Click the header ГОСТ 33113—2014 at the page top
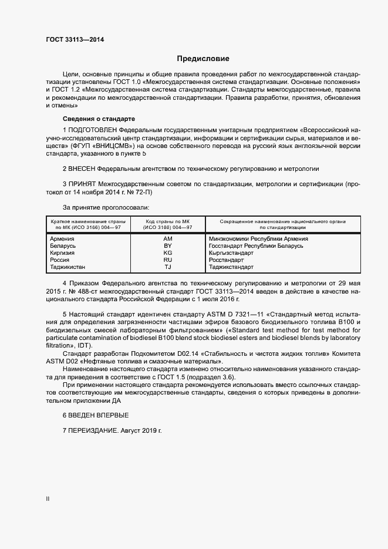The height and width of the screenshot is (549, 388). pyautogui.click(x=75, y=40)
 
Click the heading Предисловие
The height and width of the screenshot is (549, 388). pyautogui.click(x=203, y=59)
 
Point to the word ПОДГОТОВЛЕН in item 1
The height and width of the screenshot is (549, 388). pyautogui.click(x=93, y=129)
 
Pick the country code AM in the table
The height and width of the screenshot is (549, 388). pyautogui.click(x=167, y=239)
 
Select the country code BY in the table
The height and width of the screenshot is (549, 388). pyautogui.click(x=167, y=246)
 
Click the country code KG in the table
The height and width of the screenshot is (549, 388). pyautogui.click(x=167, y=253)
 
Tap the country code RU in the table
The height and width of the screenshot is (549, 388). pyautogui.click(x=167, y=260)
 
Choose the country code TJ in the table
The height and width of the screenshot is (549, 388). pyautogui.click(x=167, y=267)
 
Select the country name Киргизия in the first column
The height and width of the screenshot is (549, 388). pyautogui.click(x=62, y=253)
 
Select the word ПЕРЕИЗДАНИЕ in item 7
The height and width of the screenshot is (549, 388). pyautogui.click(x=93, y=430)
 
